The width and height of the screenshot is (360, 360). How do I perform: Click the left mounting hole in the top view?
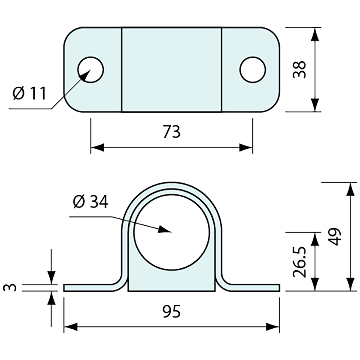91,70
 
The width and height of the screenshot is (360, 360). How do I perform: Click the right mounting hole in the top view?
252,70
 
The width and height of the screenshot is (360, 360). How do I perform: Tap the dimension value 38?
299,69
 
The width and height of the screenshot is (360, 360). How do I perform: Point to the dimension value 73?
171,132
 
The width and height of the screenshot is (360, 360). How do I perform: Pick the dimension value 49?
335,236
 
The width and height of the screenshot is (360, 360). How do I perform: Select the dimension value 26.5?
299,262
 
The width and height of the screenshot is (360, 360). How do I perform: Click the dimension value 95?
171,312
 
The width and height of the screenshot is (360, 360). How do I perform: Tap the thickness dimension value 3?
10,288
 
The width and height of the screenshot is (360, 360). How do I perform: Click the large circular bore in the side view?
171,232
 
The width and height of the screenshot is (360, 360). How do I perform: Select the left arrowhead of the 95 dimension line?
70,327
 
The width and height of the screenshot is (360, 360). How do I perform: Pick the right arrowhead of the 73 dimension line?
246,148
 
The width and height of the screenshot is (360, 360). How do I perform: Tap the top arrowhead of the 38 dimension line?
315,34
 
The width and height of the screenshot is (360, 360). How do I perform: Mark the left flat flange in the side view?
88,288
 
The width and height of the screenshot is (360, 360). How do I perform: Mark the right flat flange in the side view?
255,288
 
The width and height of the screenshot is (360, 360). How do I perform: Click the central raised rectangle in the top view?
171,70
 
